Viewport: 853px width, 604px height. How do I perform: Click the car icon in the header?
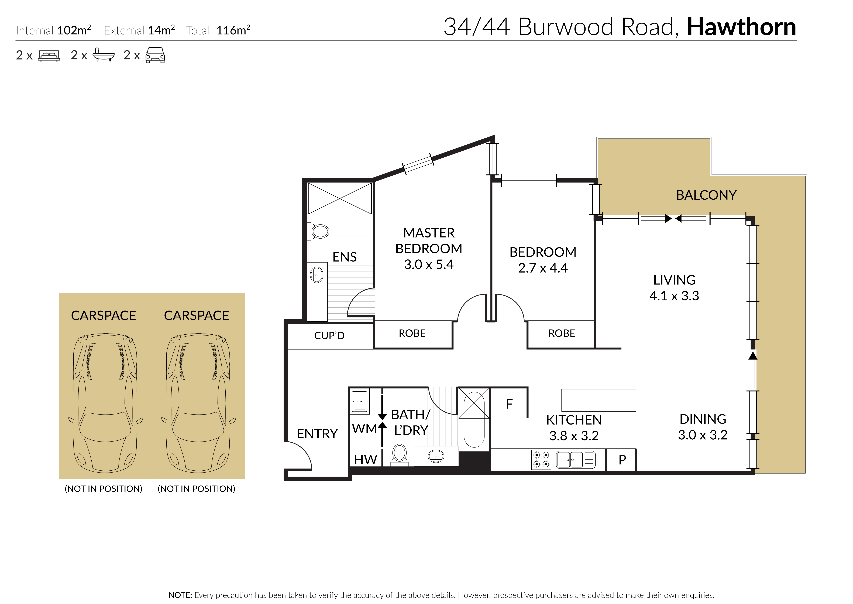pos(155,55)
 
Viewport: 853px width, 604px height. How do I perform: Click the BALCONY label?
pos(706,195)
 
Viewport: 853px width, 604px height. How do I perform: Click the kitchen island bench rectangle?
pos(598,400)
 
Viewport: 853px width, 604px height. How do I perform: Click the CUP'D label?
pos(329,335)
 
